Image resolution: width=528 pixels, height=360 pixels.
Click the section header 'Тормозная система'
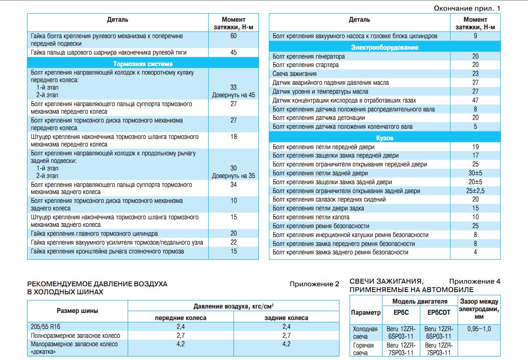click(143, 64)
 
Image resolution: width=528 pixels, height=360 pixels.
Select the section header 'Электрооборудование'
click(385, 47)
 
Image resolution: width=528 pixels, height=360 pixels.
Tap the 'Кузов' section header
click(385, 138)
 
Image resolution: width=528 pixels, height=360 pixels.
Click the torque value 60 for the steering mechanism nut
click(234, 36)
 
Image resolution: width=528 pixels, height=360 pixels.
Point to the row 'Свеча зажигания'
click(294, 74)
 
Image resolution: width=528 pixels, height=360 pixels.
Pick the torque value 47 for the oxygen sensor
click(475, 100)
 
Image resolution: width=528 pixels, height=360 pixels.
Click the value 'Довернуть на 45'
click(234, 95)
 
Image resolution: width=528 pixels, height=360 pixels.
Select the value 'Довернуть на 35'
click(234, 176)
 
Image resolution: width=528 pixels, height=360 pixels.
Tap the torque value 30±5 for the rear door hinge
click(475, 173)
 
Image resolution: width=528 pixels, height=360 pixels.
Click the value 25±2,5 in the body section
click(475, 191)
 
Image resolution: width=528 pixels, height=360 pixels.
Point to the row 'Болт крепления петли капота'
click(311, 217)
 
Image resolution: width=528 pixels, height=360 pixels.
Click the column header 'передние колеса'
click(180, 318)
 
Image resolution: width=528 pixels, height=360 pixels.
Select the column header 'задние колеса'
click(286, 318)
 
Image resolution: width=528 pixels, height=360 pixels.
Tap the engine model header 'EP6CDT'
click(439, 313)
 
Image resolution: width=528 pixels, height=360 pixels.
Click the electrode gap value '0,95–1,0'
click(479, 329)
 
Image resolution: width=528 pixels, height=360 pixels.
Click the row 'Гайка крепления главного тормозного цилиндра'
click(94, 233)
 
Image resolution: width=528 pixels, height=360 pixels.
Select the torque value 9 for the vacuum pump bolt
click(475, 36)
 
